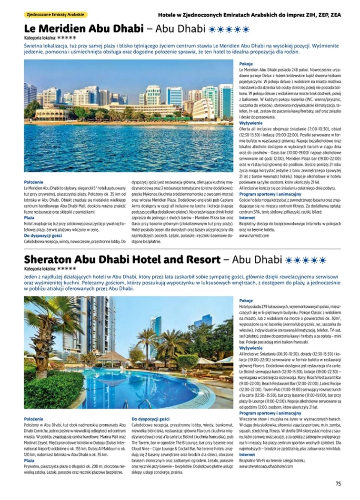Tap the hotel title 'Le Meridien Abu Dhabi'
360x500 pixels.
click(x=84, y=29)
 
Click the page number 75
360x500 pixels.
click(x=338, y=484)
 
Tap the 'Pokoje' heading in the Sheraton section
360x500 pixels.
click(x=246, y=301)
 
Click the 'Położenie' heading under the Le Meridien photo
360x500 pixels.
click(x=33, y=182)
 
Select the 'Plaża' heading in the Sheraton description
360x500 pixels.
click(x=29, y=461)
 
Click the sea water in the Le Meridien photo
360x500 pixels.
click(x=129, y=147)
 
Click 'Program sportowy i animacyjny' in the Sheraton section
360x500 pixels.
click(x=270, y=413)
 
